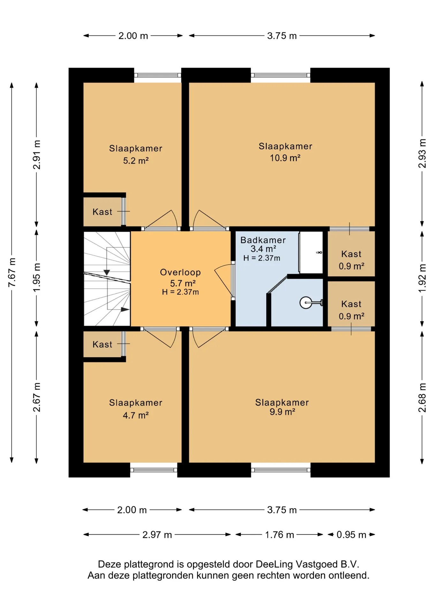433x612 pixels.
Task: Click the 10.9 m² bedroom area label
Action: pos(285,158)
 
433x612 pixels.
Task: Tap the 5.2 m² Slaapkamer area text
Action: pos(136,161)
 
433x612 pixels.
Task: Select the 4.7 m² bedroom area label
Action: pos(136,415)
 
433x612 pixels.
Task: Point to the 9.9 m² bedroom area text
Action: pos(282,412)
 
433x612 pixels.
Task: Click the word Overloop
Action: pos(180,272)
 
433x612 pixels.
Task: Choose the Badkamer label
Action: pos(263,240)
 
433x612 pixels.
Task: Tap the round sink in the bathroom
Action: pos(306,303)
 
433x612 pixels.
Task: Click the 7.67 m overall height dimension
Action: pos(12,272)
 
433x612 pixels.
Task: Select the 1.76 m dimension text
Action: pos(279,534)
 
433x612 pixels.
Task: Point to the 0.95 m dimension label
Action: pos(351,534)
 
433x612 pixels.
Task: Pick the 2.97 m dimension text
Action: pos(157,534)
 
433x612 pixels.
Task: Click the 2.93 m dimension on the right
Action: pos(422,154)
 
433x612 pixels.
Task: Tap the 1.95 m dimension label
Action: pos(37,277)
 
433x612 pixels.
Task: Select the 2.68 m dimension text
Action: pos(422,397)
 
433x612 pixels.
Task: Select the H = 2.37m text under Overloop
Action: pos(180,292)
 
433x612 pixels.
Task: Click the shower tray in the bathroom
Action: pos(311,252)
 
